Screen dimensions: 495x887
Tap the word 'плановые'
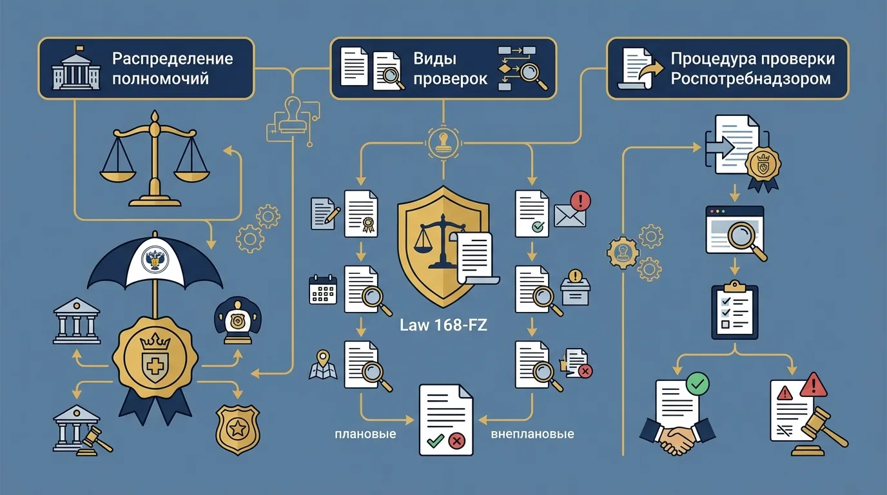366,434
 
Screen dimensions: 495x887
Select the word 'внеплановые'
532,434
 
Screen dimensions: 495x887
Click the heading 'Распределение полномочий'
172,68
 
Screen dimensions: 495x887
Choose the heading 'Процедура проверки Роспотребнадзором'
752,68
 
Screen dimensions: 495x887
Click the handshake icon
676,438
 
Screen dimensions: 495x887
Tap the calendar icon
324,289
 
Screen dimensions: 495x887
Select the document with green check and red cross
446,420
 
